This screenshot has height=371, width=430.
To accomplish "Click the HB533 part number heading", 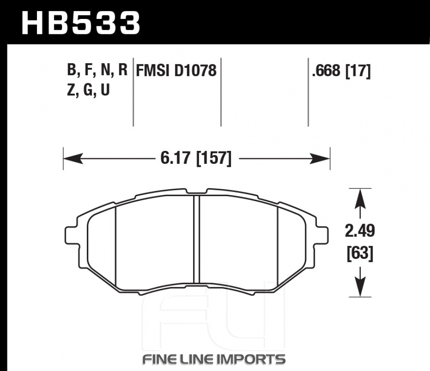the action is click(x=81, y=23).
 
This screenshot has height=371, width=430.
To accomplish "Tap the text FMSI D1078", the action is click(x=176, y=71).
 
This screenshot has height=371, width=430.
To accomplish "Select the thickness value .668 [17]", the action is click(x=341, y=71).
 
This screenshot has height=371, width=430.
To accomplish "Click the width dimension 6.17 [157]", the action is click(x=196, y=159).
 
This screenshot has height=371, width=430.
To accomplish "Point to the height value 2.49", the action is click(x=360, y=230).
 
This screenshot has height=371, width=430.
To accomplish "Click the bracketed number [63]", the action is click(x=360, y=253).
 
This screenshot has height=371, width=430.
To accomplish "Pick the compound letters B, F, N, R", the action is click(x=97, y=70).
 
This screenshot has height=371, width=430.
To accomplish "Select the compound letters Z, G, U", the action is click(x=88, y=89).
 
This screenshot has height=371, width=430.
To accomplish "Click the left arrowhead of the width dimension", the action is click(x=73, y=159).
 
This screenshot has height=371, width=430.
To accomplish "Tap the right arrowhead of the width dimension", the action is click(x=320, y=159).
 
